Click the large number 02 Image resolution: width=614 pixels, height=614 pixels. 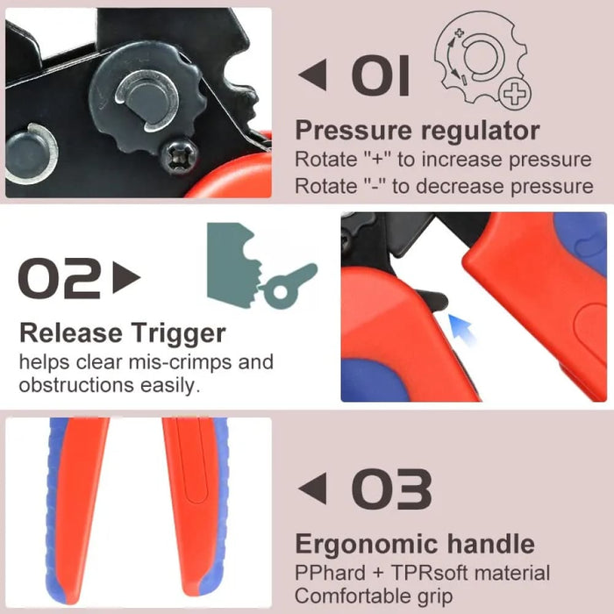pos(60,279)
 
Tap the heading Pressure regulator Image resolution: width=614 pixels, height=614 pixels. pos(417,131)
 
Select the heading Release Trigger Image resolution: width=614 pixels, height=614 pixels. pos(122,333)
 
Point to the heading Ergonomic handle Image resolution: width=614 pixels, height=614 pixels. pos(414,544)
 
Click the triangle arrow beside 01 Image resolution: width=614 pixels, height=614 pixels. pos(312,75)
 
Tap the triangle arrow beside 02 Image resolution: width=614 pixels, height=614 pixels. pos(126,279)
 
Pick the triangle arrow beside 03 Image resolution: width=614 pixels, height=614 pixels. pos(312,489)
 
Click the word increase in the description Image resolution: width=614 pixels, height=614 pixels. pos(451,160)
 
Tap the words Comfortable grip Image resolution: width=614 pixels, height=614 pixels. pos(374,597)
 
